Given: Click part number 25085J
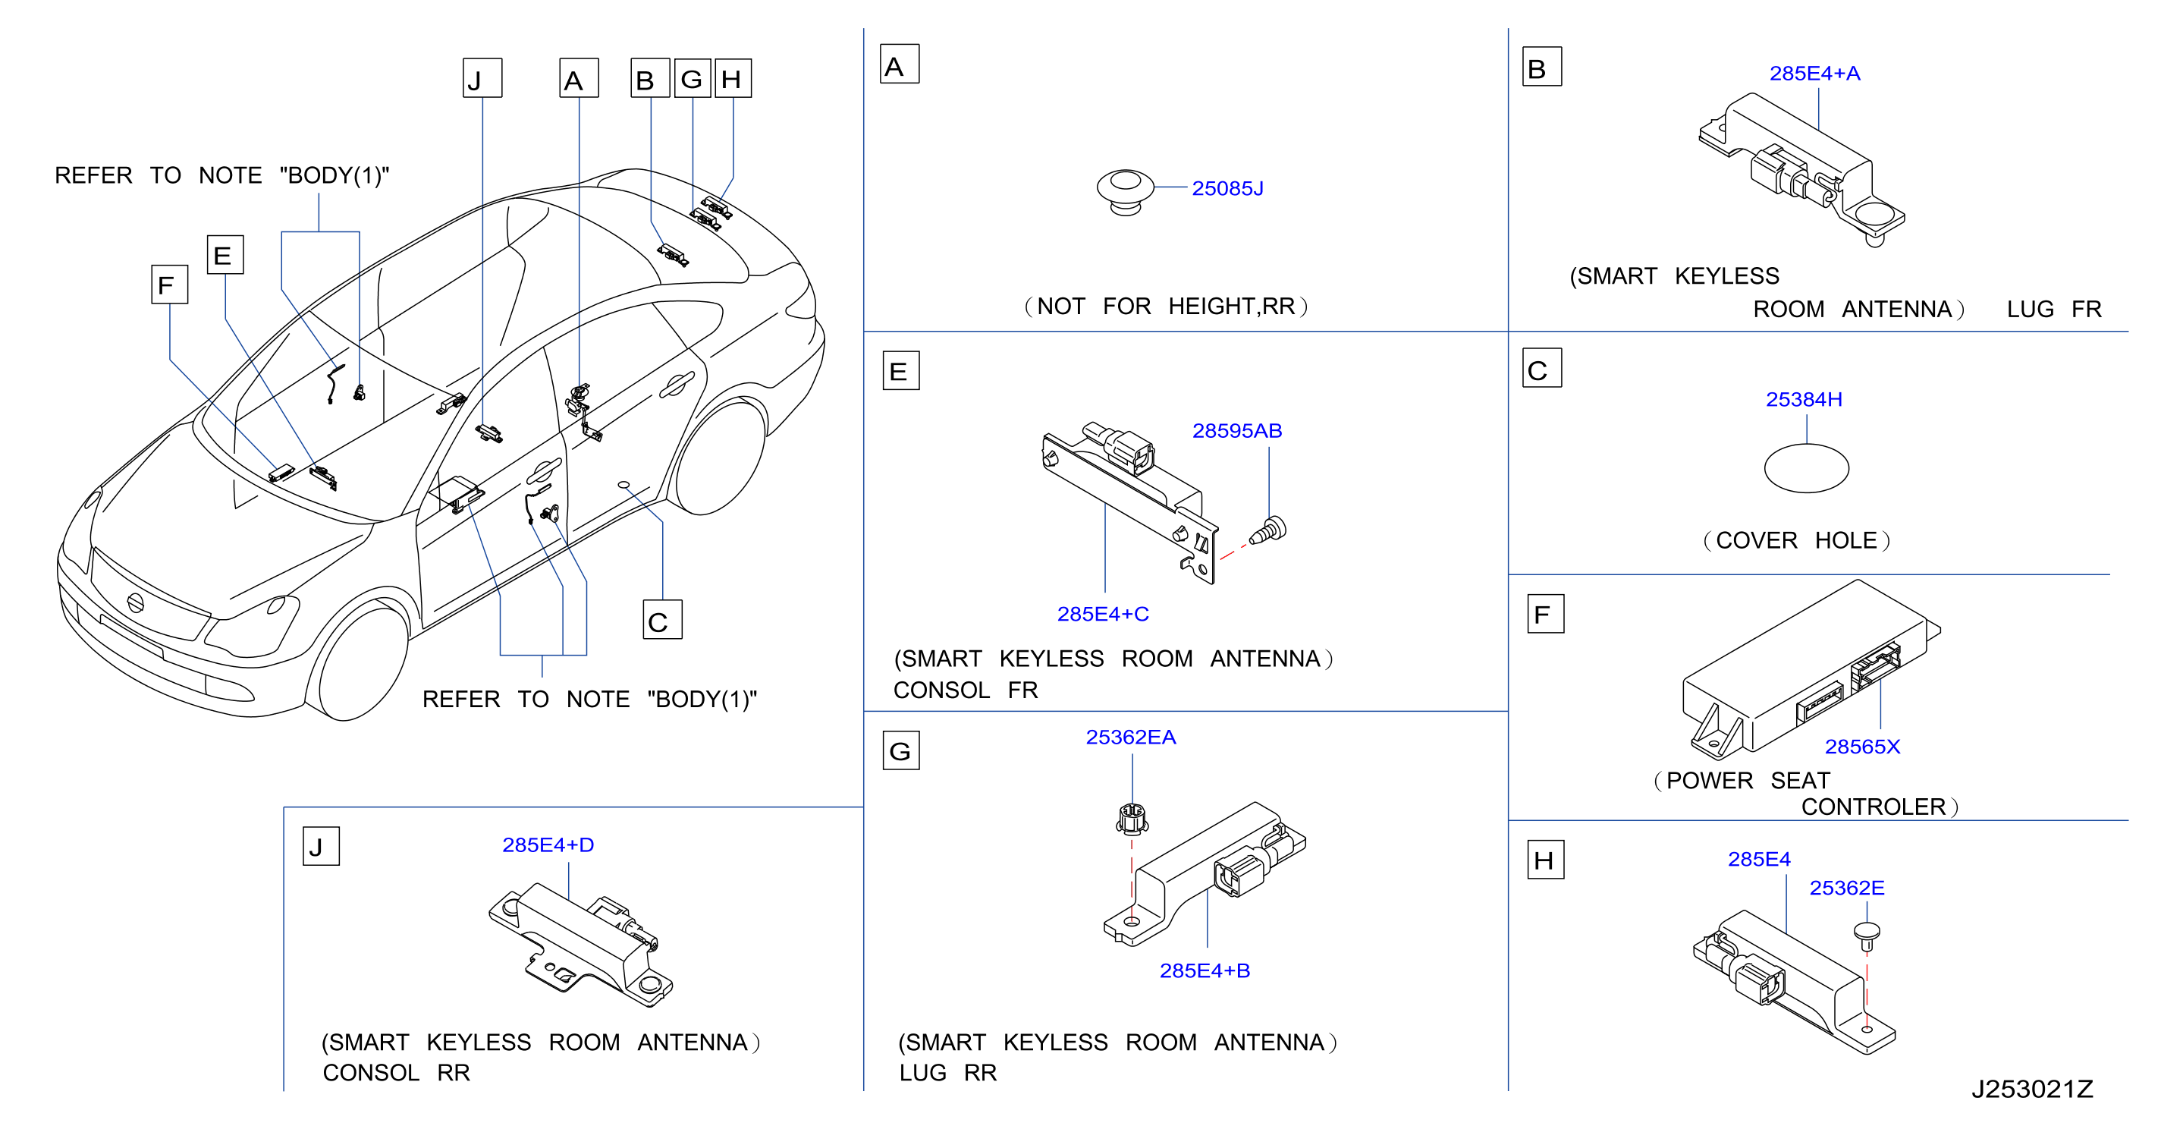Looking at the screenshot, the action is [x=1227, y=188].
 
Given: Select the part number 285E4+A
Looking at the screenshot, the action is [x=1814, y=74].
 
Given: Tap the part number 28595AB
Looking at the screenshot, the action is [x=1237, y=431].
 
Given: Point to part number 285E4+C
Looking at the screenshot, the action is [x=1103, y=614].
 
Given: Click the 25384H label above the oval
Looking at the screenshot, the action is [x=1803, y=399].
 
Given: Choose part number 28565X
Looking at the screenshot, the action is [x=1862, y=747].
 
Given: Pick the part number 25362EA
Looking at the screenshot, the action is [x=1130, y=738].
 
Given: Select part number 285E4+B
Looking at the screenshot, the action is [x=1205, y=971].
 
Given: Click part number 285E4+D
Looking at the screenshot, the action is [x=548, y=845].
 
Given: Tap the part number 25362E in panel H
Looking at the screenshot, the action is [x=1846, y=888].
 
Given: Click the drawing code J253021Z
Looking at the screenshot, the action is [x=2032, y=1089].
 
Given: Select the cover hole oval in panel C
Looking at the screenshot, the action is [x=1806, y=468].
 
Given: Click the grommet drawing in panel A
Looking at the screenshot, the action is [x=1125, y=193].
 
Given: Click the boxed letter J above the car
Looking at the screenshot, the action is [x=482, y=78].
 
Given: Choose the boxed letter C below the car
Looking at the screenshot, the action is [x=662, y=620].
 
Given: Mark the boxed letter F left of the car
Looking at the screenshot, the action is [x=168, y=284].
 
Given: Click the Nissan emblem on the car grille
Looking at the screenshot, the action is [x=135, y=603].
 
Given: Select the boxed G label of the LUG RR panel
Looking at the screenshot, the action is [x=901, y=750].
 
